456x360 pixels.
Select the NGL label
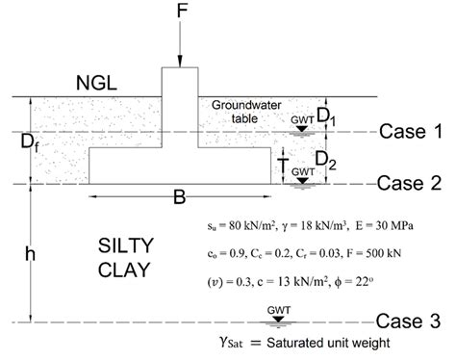pos(97,84)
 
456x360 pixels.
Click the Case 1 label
pos(411,132)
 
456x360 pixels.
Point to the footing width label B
pos(179,198)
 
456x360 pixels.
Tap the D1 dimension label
pos(328,116)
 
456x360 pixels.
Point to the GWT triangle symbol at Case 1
pos(301,128)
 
